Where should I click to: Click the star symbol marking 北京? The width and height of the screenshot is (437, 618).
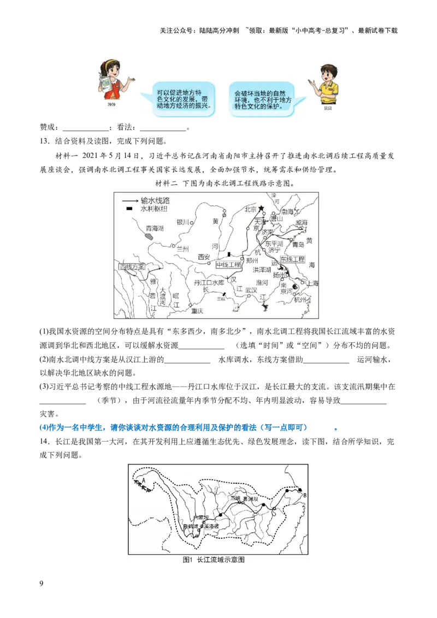(261, 209)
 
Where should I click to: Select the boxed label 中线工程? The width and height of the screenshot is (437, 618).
(228, 265)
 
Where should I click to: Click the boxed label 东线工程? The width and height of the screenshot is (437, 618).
(292, 259)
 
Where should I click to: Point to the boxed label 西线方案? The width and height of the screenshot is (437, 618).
(132, 267)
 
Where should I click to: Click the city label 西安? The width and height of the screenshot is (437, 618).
(204, 257)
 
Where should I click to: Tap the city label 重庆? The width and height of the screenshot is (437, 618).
(197, 311)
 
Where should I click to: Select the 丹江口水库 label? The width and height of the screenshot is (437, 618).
(209, 283)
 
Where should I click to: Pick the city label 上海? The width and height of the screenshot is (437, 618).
(312, 283)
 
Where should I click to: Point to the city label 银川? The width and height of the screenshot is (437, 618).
(182, 222)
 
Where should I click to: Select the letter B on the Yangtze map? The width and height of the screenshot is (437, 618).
(305, 495)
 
